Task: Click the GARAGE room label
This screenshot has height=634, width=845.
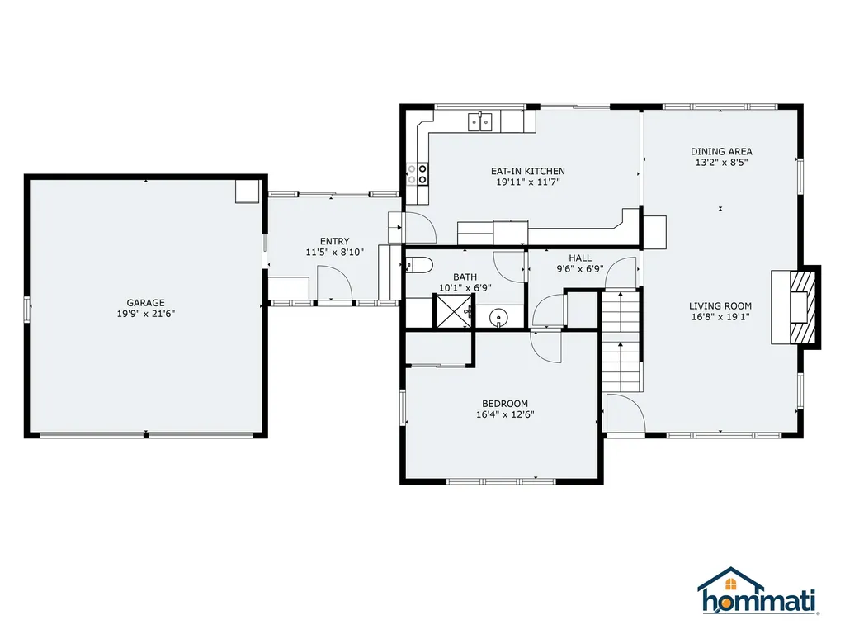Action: (145, 303)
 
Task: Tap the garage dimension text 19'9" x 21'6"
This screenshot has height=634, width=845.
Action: (146, 314)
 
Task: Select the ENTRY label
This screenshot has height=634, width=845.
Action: (335, 242)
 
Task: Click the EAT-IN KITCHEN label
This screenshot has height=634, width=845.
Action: (527, 171)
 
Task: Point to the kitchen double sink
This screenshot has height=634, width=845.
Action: (480, 122)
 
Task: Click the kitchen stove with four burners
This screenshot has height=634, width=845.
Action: (417, 173)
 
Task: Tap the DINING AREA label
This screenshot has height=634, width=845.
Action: (721, 152)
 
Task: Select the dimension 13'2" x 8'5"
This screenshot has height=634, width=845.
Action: (721, 163)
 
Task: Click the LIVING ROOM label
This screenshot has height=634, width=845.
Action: (720, 305)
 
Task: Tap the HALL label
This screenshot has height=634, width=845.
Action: (580, 258)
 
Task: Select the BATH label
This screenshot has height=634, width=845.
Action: (465, 277)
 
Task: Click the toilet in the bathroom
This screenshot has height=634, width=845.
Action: (419, 265)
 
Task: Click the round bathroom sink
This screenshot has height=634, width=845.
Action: (499, 317)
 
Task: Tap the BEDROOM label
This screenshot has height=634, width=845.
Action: (505, 404)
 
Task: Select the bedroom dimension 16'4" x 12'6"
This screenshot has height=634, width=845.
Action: (505, 414)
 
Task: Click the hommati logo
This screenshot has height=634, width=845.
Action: (758, 591)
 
